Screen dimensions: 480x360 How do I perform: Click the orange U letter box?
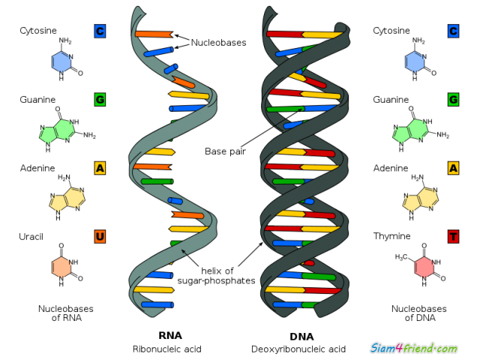(100, 236)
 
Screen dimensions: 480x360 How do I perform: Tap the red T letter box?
(453, 236)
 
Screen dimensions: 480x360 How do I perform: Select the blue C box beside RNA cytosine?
(100, 31)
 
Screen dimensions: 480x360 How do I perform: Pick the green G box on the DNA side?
(453, 100)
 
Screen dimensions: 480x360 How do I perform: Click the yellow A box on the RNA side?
(100, 168)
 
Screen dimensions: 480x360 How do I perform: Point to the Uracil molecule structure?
(66, 265)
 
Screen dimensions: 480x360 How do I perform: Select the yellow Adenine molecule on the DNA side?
(420, 198)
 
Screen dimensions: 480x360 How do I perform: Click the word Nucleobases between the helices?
(218, 43)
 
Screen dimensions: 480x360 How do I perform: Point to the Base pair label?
(225, 151)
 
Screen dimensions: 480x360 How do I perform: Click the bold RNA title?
(170, 335)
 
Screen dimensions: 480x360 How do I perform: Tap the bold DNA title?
(301, 337)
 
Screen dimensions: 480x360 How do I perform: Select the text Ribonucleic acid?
(166, 349)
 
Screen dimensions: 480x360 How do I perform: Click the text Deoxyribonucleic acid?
(298, 349)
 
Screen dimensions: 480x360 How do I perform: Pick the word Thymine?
(391, 236)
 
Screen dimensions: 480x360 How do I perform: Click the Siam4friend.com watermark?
(414, 348)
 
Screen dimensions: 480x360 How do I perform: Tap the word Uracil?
(31, 237)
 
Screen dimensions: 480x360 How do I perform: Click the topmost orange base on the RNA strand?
(154, 34)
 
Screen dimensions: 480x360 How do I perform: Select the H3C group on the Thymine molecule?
(401, 257)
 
